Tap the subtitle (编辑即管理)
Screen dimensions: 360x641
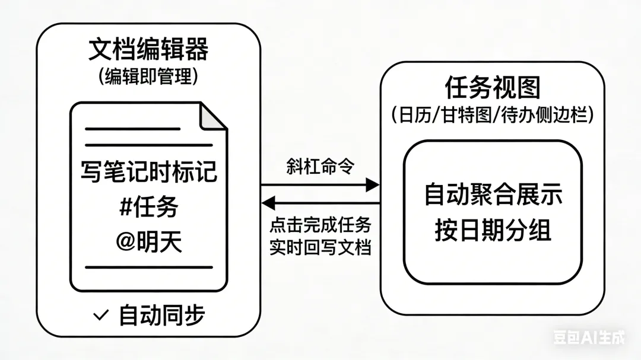click(148, 77)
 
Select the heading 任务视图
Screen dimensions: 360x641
click(493, 88)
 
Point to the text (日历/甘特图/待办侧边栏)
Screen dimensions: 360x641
click(493, 114)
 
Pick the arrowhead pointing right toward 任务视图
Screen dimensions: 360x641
click(372, 185)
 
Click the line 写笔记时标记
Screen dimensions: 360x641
click(148, 173)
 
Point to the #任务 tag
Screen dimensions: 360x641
click(148, 208)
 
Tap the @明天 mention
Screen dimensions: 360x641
click(148, 241)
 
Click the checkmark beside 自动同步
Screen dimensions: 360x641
click(101, 315)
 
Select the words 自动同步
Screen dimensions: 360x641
click(162, 315)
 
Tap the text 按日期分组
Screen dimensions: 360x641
click(493, 230)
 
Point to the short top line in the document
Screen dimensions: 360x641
click(132, 128)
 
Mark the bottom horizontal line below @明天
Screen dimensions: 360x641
click(148, 267)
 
